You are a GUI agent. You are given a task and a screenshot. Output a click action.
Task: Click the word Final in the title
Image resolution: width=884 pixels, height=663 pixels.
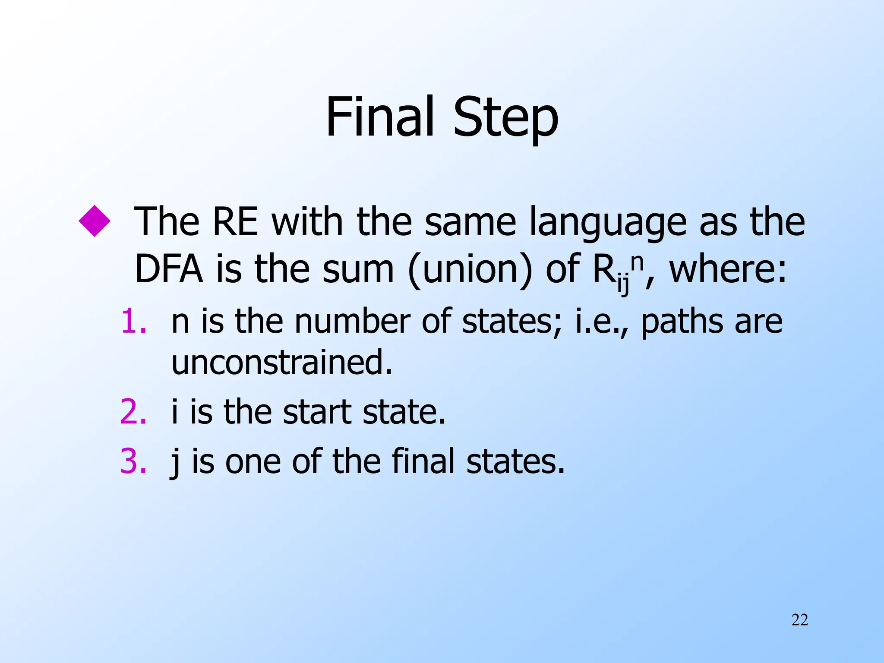tap(379, 117)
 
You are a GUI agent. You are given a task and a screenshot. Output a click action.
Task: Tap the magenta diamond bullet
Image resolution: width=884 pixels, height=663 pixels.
tap(95, 221)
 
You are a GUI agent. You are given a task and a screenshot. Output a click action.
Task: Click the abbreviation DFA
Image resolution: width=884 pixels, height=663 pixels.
tap(169, 269)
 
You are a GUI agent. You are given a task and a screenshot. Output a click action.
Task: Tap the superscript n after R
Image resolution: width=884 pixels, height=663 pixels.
tap(637, 261)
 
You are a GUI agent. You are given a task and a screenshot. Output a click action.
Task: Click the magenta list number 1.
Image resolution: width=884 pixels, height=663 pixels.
tap(133, 322)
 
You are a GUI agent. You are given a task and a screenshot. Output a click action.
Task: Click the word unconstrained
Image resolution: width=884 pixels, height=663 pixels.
tap(282, 363)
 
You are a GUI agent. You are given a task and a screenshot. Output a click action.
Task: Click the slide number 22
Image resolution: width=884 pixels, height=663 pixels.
tap(799, 620)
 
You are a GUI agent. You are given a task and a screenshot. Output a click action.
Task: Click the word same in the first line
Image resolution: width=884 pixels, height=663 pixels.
tap(470, 222)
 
